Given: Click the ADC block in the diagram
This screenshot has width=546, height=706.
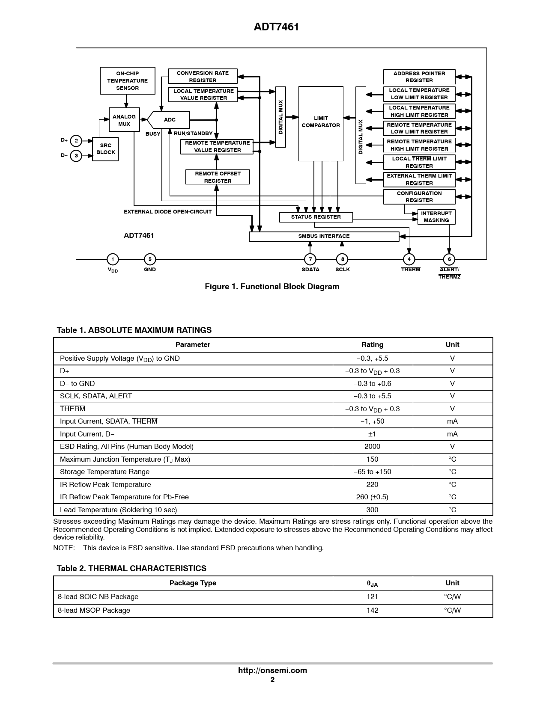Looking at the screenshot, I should [170, 120].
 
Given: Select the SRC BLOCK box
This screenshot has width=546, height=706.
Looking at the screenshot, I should [105, 149].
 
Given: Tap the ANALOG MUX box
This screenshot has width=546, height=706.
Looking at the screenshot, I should [124, 120].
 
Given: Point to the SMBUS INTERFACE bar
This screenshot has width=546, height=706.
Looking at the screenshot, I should [324, 236].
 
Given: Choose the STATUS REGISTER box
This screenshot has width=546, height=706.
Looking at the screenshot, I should [316, 217].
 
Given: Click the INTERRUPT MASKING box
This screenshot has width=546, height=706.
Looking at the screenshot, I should [436, 217].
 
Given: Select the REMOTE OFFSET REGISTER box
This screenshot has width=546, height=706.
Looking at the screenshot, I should [218, 177].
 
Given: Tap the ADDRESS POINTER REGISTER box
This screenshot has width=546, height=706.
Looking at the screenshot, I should [419, 77].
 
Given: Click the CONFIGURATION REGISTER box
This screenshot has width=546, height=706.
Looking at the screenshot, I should [419, 197].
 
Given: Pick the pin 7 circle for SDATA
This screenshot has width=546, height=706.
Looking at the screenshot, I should [310, 259].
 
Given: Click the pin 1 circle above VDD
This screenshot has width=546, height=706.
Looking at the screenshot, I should [113, 259].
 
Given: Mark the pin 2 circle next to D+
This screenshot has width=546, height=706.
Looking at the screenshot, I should [76, 141].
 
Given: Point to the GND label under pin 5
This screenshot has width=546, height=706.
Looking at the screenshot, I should [150, 270].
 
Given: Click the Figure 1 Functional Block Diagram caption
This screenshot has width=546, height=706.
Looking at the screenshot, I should [272, 287].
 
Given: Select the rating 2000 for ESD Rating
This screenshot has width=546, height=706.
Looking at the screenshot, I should [373, 447].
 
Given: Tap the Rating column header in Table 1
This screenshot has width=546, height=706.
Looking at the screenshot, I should [373, 345].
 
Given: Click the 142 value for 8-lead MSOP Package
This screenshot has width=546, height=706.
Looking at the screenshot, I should [373, 611].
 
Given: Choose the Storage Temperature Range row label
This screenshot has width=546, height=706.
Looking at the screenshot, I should [105, 472].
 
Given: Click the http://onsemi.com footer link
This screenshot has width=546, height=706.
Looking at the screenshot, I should [272, 670].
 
